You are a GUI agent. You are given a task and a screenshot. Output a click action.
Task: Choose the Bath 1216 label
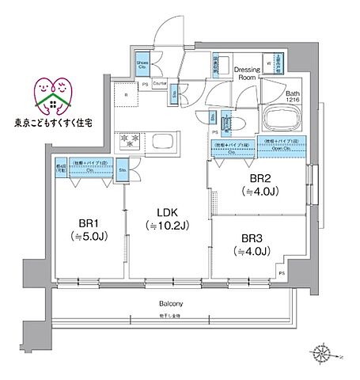pyautogui.click(x=294, y=96)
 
